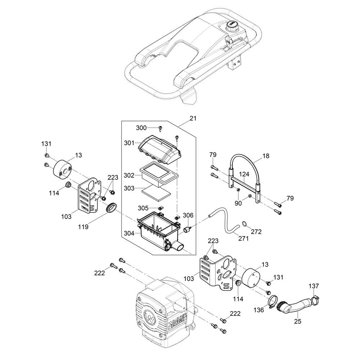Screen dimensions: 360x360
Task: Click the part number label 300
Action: click(141, 128)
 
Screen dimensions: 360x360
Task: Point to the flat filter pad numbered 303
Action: click(156, 190)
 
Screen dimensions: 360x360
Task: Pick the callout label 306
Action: click(188, 215)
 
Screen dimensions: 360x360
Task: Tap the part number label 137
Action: click(314, 286)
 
